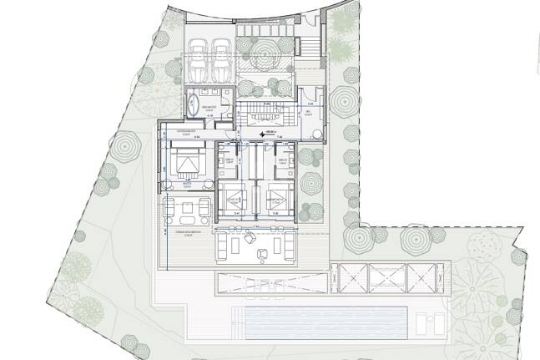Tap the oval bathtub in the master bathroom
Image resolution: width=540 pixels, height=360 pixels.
191,107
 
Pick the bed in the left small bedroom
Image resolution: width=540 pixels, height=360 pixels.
232,200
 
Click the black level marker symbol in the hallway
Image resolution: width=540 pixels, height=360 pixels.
262,134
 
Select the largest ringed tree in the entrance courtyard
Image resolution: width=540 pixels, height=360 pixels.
264,57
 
